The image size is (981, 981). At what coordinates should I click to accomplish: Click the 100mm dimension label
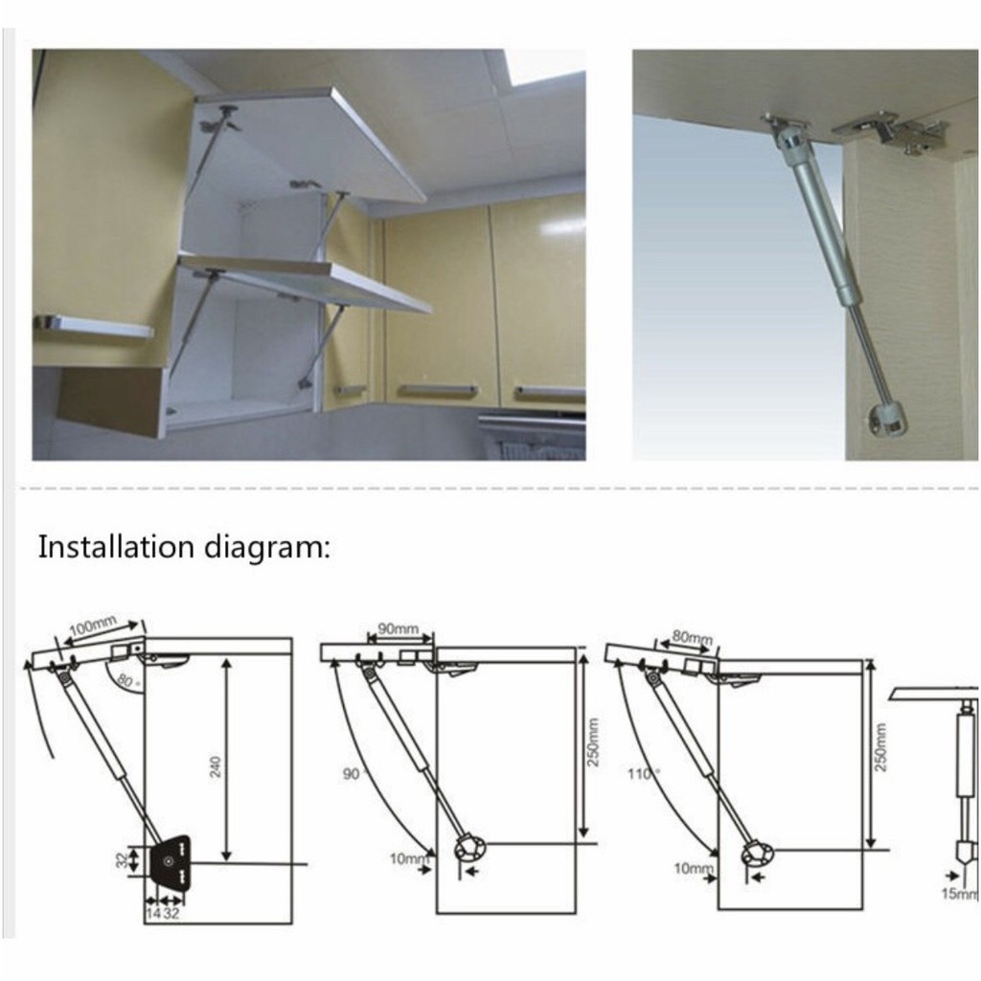pos(92,626)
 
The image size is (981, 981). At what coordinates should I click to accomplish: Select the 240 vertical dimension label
pos(216,767)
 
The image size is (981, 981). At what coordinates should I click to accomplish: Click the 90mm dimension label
pos(398,628)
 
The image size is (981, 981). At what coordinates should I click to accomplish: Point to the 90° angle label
pos(353,774)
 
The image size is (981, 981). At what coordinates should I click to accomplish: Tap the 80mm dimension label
pos(693,637)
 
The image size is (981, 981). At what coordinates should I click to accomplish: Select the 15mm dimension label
pos(960,894)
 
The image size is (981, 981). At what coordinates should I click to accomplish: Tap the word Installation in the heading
pos(116,546)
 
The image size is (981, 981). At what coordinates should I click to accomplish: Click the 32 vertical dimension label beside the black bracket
pos(123,861)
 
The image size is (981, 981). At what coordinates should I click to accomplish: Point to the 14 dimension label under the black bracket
pos(153,914)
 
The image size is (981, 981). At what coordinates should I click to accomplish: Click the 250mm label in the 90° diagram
pos(594,741)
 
